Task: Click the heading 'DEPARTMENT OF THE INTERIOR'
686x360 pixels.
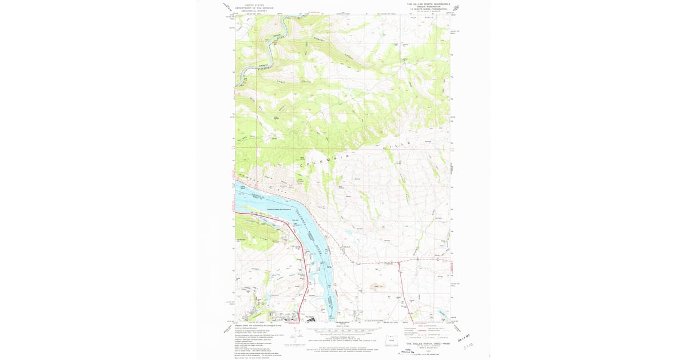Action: [256, 8]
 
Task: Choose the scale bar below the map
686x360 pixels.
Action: [343, 331]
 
